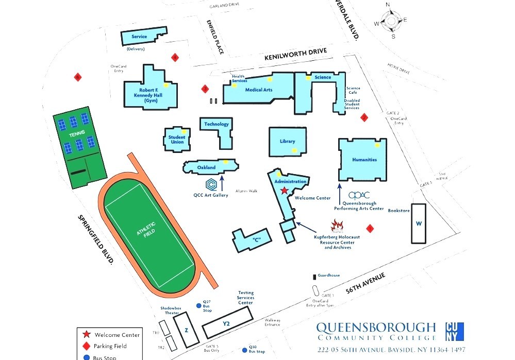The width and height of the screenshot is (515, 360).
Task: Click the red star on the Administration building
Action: click(x=284, y=191)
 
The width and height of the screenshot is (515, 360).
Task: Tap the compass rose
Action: click(x=391, y=21)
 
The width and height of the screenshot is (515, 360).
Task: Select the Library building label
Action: click(x=287, y=141)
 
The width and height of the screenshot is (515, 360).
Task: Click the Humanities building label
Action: click(x=364, y=160)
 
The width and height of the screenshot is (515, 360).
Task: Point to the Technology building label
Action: click(x=216, y=124)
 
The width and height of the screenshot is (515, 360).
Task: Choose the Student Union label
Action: click(x=177, y=140)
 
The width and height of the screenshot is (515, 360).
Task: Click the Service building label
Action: click(x=139, y=37)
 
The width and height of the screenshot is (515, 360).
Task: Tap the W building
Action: click(x=419, y=224)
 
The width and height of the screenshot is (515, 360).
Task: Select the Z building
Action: click(x=185, y=330)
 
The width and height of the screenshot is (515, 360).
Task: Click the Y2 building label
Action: click(x=226, y=323)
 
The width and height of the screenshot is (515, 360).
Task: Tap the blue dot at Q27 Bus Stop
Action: click(x=199, y=306)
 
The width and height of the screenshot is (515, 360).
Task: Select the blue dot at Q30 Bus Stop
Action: click(x=244, y=347)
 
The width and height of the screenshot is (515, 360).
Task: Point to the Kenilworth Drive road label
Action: click(x=295, y=55)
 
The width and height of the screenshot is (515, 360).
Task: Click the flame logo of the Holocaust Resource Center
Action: click(x=337, y=226)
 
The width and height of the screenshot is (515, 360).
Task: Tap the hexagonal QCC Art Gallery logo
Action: click(x=211, y=184)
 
